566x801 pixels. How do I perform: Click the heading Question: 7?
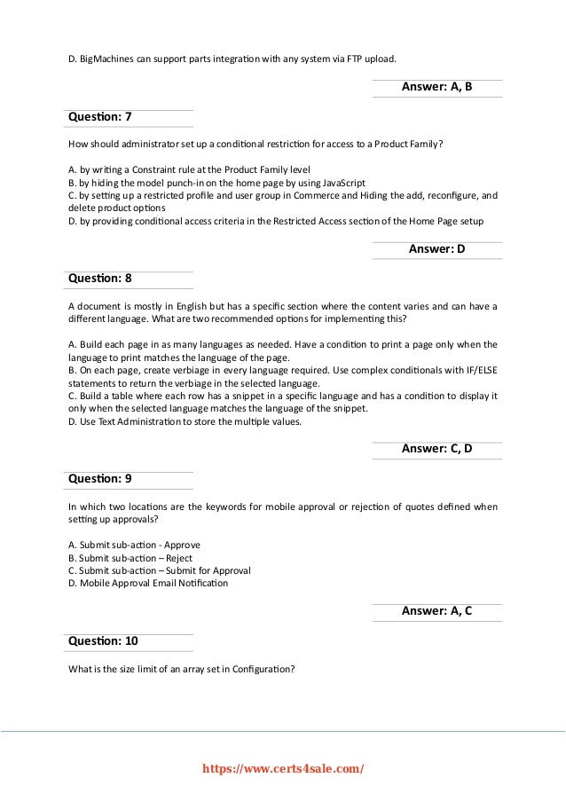pyautogui.click(x=100, y=117)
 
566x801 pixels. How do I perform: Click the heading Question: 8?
pyautogui.click(x=100, y=278)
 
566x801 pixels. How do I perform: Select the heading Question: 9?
pyautogui.click(x=100, y=478)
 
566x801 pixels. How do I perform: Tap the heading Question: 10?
pyautogui.click(x=103, y=640)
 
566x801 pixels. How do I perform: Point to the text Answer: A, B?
pyautogui.click(x=436, y=88)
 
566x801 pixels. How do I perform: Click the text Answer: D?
pyautogui.click(x=436, y=249)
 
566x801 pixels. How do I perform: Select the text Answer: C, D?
pyautogui.click(x=436, y=449)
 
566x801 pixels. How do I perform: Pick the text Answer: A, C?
pyautogui.click(x=436, y=610)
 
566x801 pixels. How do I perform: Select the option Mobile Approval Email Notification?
pyautogui.click(x=147, y=583)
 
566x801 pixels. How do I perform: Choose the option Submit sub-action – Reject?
pyautogui.click(x=130, y=557)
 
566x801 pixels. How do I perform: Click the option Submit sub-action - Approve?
pyautogui.click(x=134, y=544)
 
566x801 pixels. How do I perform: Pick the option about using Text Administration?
pyautogui.click(x=185, y=421)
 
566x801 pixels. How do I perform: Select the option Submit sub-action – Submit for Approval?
pyautogui.click(x=159, y=569)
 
